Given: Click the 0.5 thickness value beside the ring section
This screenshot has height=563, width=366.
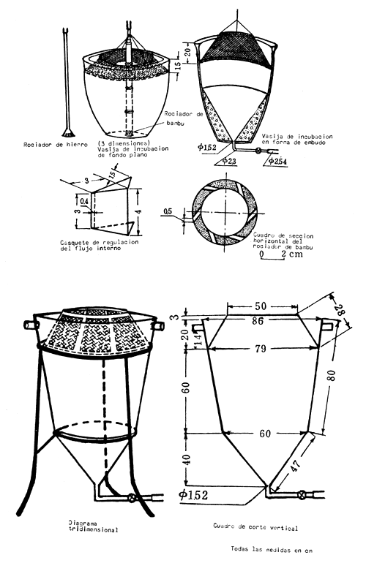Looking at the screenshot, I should point(170,214).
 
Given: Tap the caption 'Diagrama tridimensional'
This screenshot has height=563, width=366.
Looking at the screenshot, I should point(89,527).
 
